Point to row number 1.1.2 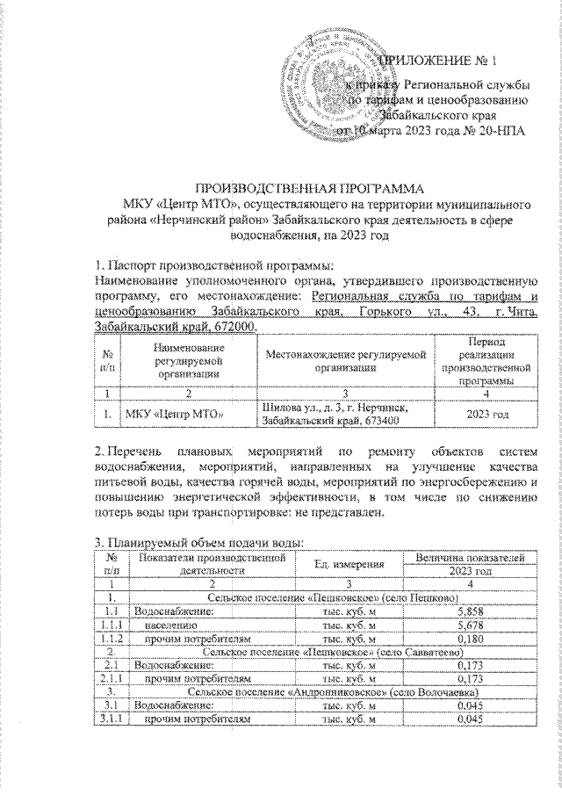[x=111, y=639]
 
